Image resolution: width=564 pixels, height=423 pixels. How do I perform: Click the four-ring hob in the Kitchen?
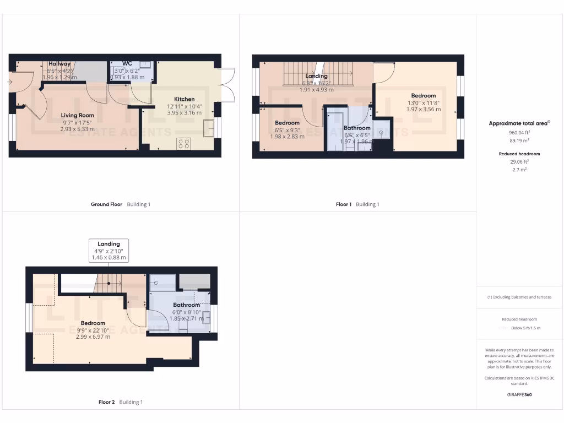183,144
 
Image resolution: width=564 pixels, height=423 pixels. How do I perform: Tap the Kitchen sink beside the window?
209,129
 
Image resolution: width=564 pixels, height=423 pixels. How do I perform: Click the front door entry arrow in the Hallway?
10,82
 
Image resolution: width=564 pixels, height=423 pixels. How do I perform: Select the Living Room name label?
77,116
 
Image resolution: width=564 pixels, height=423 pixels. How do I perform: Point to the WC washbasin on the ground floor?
144,65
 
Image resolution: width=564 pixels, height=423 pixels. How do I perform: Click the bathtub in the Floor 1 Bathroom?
334,129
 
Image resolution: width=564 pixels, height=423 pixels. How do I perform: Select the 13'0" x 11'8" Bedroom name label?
423,96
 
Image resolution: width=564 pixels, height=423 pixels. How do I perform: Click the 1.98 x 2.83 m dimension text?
287,137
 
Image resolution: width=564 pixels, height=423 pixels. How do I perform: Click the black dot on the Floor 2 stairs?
121,283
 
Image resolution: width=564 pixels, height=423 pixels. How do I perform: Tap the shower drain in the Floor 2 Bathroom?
156,283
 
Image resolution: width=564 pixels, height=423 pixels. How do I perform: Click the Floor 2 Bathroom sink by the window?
206,317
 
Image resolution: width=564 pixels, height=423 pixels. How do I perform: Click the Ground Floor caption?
107,204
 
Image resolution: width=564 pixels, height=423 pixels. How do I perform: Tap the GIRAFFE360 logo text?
519,394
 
